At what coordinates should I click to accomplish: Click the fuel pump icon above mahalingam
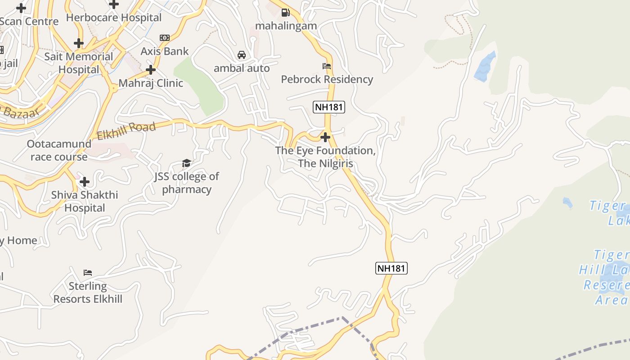[285, 13]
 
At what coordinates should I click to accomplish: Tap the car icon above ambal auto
[242, 55]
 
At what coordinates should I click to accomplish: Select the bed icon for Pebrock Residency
[327, 66]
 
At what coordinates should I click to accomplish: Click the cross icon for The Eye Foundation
[325, 137]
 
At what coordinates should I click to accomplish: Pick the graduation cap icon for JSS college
[186, 163]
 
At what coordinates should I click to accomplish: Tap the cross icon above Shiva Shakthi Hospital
[84, 182]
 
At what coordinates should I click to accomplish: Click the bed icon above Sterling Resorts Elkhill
[88, 273]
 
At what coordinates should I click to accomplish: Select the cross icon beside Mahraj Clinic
[151, 70]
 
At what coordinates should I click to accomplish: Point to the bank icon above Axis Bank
[164, 38]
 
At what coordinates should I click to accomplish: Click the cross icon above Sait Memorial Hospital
[79, 43]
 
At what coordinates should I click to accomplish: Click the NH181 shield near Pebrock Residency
[328, 107]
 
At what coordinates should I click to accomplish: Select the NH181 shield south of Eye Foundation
[391, 268]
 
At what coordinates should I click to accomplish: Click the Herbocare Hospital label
[113, 18]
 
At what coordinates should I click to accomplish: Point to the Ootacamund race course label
[59, 150]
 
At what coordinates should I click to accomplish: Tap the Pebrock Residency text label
[327, 79]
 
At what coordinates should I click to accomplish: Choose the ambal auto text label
[242, 68]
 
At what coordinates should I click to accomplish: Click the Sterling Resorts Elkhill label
[88, 292]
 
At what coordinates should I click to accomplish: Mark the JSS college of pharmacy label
[187, 183]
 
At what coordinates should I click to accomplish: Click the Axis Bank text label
[165, 51]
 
